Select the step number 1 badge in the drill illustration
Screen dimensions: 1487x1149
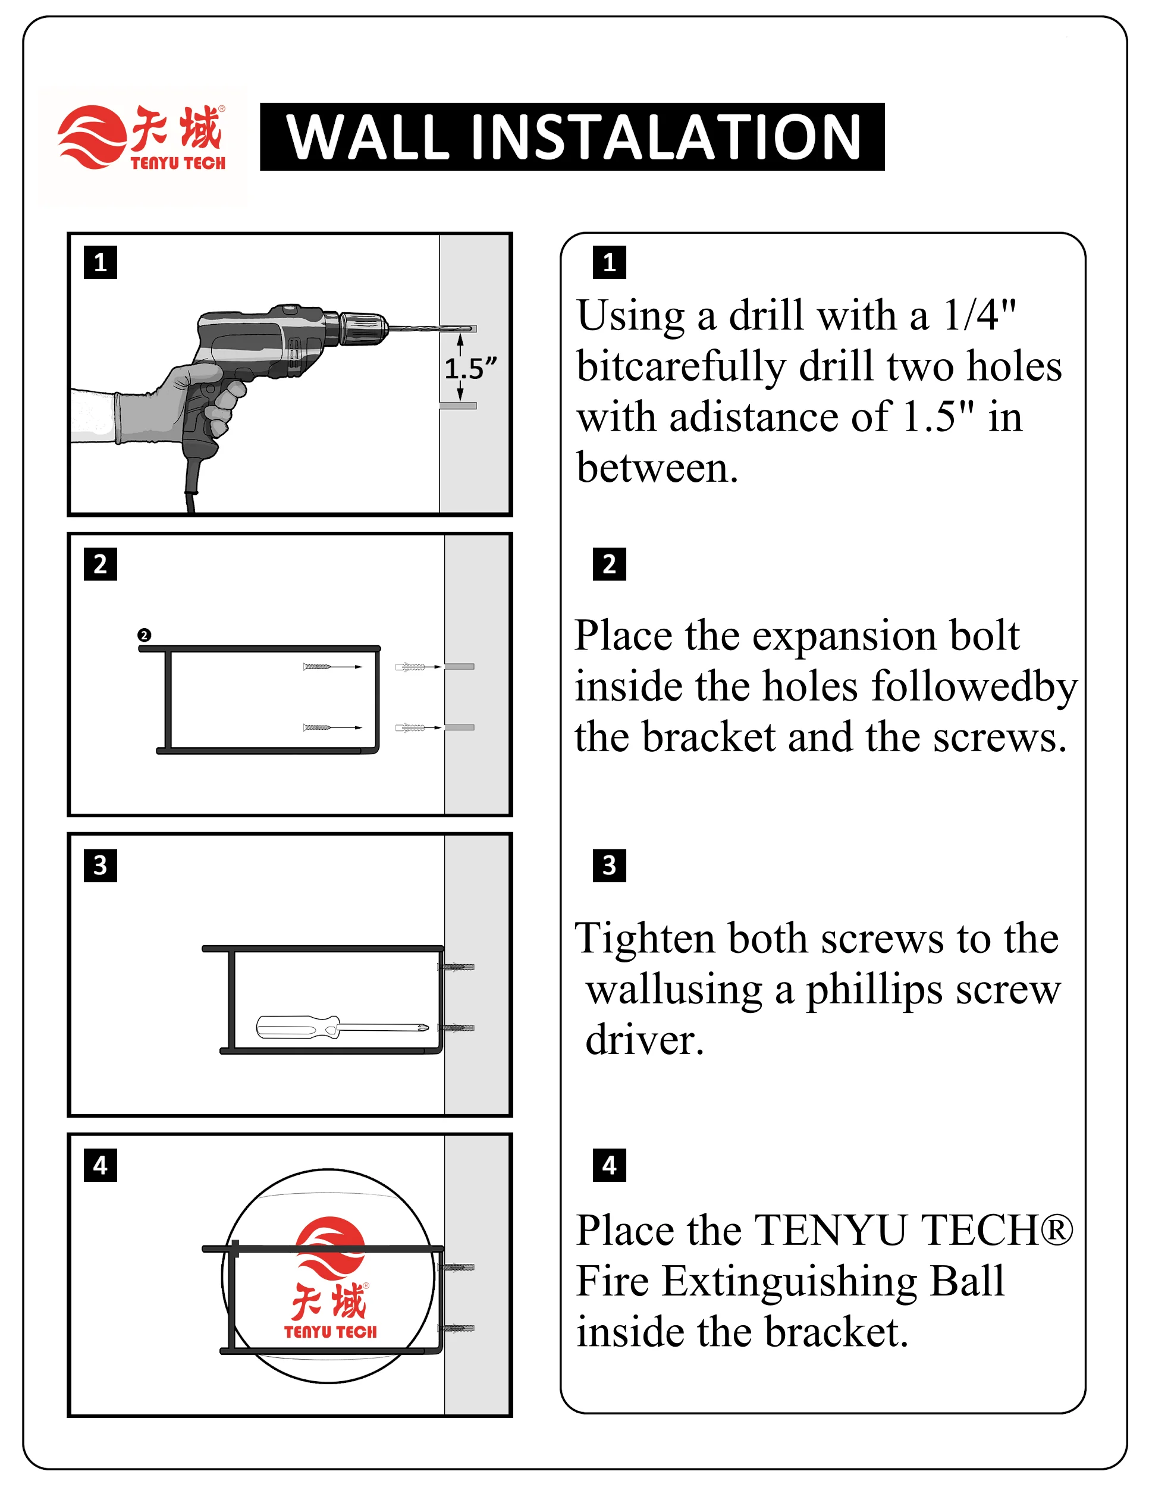coord(100,262)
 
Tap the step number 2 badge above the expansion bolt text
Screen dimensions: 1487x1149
coord(609,564)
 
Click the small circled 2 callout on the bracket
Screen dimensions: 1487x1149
coord(145,635)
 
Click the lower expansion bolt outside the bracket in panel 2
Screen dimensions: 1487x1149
coord(410,727)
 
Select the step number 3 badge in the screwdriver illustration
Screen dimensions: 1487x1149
coord(100,865)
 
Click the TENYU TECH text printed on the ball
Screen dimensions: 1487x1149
coord(331,1331)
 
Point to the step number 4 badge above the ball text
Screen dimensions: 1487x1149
coord(609,1165)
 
